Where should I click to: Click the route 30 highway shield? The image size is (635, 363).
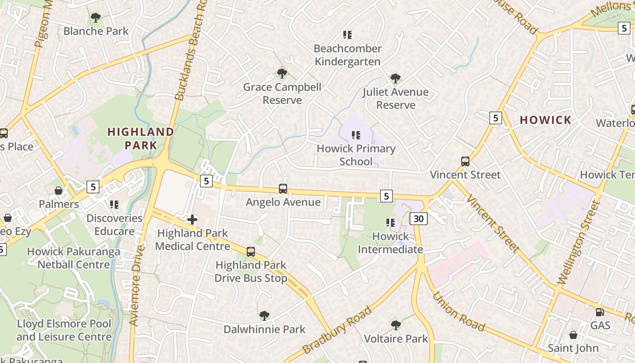tap(418, 219)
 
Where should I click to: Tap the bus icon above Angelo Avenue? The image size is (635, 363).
tap(283, 189)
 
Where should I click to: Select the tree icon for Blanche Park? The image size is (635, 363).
tap(96, 18)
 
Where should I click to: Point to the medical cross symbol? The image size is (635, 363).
tap(192, 220)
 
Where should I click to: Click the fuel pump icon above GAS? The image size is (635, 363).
tap(600, 312)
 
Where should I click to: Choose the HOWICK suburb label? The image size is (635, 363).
tap(546, 120)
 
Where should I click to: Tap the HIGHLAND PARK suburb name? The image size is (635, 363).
tap(141, 139)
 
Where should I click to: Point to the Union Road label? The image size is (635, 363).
tap(458, 312)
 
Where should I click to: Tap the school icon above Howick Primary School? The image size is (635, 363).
tap(356, 135)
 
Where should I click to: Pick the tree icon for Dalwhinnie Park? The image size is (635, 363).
tap(264, 316)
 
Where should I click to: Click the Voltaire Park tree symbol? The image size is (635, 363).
tap(396, 325)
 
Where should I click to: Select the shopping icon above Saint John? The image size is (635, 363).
tap(573, 335)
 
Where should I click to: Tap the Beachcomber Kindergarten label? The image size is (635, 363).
tap(348, 55)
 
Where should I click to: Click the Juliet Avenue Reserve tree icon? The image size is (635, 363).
tap(396, 78)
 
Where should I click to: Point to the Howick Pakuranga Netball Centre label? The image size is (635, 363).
tap(73, 258)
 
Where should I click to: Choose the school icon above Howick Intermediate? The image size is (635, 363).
tap(390, 223)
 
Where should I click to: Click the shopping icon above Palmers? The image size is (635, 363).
tap(59, 191)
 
